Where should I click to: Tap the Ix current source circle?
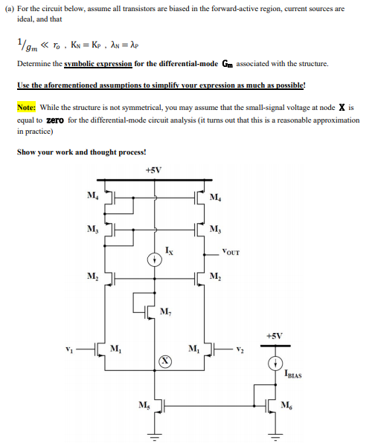point(155,261)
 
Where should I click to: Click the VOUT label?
point(231,253)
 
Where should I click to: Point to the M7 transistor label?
point(165,310)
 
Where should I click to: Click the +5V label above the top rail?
point(155,169)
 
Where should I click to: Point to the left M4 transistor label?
point(91,195)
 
